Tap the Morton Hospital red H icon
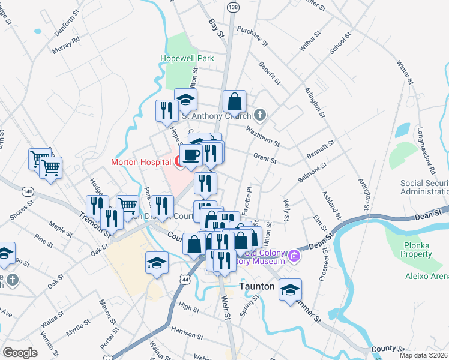178,161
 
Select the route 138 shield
233,6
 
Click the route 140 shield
28,191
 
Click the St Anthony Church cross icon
260,114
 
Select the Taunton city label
257,287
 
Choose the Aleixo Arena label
428,275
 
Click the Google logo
20,353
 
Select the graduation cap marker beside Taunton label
291,290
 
